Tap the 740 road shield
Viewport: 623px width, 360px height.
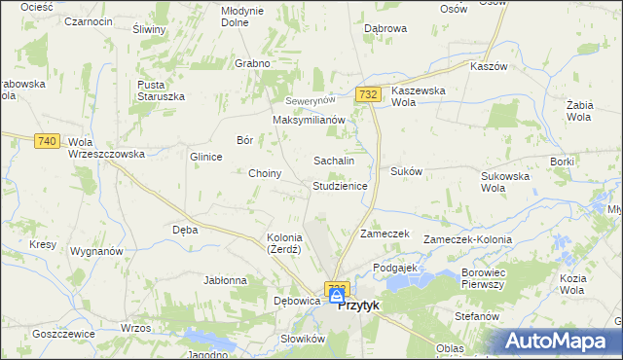point(46,141)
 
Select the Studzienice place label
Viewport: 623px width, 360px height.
point(339,185)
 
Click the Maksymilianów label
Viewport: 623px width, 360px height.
point(309,120)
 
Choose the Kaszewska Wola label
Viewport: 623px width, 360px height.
point(417,96)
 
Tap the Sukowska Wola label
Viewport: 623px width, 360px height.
point(504,182)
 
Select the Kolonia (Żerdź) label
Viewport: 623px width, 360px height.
point(285,243)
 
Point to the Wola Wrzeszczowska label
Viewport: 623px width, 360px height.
point(106,148)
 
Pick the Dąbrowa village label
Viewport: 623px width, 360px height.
point(385,29)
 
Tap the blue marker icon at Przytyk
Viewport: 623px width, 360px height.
point(336,294)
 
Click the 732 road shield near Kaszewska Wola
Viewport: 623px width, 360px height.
point(367,94)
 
